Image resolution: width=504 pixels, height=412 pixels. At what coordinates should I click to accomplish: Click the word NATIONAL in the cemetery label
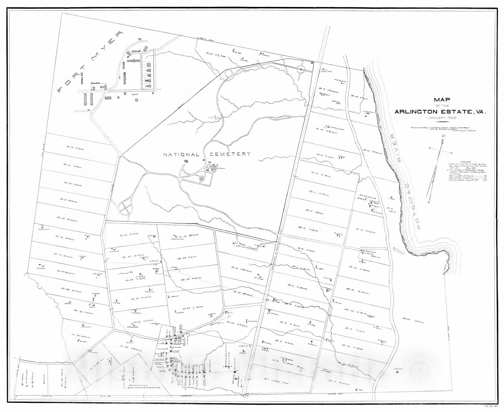click(x=181, y=155)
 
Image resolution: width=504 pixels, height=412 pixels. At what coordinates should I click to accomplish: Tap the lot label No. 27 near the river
click(x=373, y=152)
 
